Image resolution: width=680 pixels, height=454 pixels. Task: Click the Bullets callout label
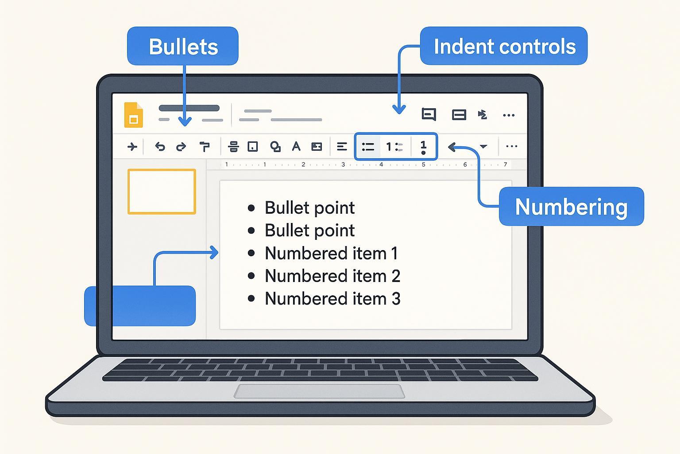click(x=183, y=46)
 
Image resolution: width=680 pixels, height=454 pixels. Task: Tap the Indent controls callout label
click(x=504, y=46)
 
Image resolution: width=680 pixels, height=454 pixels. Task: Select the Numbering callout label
click(x=571, y=207)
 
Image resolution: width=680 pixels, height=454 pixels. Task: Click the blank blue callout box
click(x=140, y=306)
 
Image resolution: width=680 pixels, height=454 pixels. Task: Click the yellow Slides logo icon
click(x=133, y=115)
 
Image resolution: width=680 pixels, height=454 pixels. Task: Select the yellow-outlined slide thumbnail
click(x=162, y=192)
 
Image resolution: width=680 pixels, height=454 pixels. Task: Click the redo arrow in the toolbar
click(x=181, y=147)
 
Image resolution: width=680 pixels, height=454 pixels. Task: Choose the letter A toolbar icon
click(x=296, y=146)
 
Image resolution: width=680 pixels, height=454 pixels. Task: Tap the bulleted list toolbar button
click(x=368, y=146)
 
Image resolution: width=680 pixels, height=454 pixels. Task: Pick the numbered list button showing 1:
click(x=394, y=146)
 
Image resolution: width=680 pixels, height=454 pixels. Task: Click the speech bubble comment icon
click(x=429, y=114)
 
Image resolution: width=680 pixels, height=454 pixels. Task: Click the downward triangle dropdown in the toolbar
click(x=483, y=147)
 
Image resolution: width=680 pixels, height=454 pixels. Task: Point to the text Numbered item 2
click(x=332, y=276)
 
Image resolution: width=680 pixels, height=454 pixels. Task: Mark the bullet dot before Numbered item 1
click(x=251, y=253)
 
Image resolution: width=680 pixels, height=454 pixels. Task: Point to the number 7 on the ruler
click(x=505, y=164)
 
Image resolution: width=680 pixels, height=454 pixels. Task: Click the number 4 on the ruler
click(x=381, y=164)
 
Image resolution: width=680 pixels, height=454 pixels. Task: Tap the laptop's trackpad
click(x=319, y=391)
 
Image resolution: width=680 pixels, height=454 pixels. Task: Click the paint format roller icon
click(x=204, y=146)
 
